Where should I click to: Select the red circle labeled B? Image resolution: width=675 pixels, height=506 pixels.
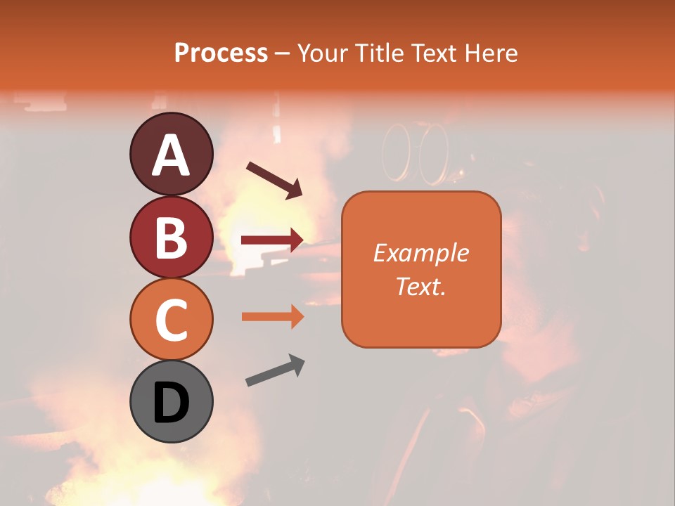(171, 237)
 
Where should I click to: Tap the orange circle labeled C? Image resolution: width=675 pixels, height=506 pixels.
(171, 320)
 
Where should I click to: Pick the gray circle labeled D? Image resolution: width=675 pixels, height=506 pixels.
(171, 401)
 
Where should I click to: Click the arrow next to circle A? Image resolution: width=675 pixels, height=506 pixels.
(274, 180)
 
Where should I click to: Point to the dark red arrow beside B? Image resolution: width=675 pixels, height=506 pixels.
(272, 240)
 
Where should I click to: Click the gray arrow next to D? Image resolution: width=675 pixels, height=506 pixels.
(275, 370)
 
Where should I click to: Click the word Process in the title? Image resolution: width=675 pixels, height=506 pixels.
(221, 53)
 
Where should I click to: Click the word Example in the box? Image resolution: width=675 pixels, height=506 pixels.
(421, 253)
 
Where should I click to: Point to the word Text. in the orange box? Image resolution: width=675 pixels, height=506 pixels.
(421, 286)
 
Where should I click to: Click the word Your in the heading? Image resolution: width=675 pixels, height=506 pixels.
(322, 53)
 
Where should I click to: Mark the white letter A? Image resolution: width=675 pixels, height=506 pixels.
(171, 155)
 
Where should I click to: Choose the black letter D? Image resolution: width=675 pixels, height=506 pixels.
(171, 403)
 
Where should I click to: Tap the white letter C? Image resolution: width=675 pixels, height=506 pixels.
(171, 321)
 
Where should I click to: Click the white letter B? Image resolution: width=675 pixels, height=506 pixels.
(171, 238)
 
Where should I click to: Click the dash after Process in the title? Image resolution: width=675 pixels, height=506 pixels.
(283, 53)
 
